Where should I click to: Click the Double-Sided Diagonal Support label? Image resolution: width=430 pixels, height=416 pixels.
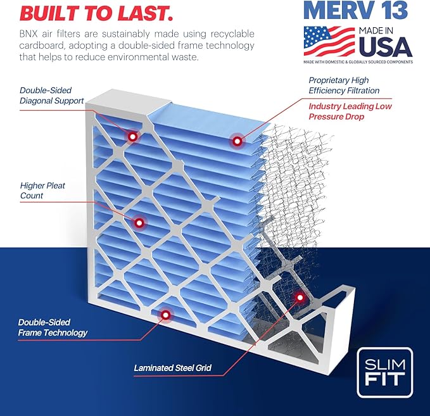pos(51,95)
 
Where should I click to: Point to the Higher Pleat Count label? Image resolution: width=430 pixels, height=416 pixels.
pos(42,191)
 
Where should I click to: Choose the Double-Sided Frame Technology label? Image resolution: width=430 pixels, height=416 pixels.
pos(53,327)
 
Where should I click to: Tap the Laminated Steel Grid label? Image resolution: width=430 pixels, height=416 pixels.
pos(172,367)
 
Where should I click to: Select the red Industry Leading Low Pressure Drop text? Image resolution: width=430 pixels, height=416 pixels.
pos(350,111)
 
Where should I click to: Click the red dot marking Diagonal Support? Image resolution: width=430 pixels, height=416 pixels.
pos(132,136)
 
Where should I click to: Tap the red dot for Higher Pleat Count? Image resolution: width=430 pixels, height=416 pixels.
pos(139,222)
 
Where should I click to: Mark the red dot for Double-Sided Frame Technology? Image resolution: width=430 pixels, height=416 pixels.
pos(166,314)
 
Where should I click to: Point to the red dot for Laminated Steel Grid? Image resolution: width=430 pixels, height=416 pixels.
pos(300,297)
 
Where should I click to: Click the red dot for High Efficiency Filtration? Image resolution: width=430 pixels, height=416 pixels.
pos(237,141)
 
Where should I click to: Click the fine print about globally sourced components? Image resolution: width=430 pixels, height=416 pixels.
pos(358,61)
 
